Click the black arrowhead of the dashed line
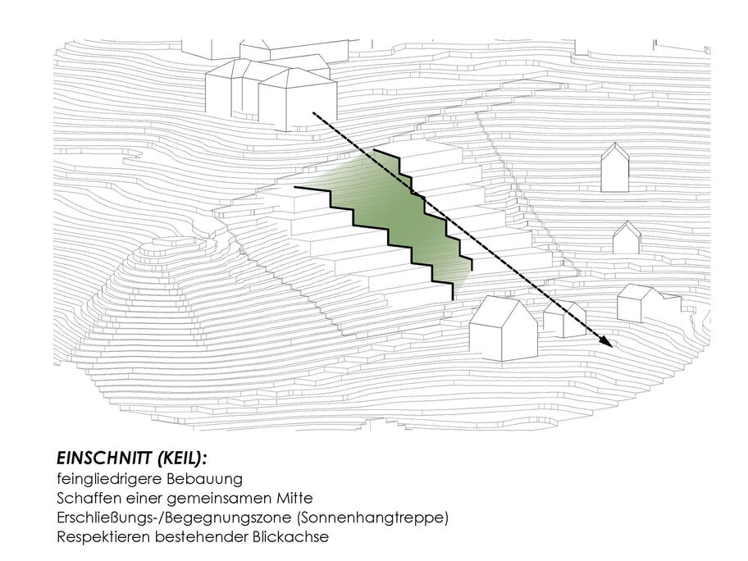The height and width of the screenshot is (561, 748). tap(605, 341)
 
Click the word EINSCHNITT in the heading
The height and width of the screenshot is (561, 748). tap(103, 458)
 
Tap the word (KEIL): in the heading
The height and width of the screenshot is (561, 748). tap(180, 458)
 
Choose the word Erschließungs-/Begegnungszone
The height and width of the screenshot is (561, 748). tap(174, 518)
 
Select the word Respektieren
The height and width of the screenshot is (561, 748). tap(103, 537)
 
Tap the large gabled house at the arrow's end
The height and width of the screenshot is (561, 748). tap(504, 328)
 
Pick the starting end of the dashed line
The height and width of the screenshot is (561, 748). tap(313, 113)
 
